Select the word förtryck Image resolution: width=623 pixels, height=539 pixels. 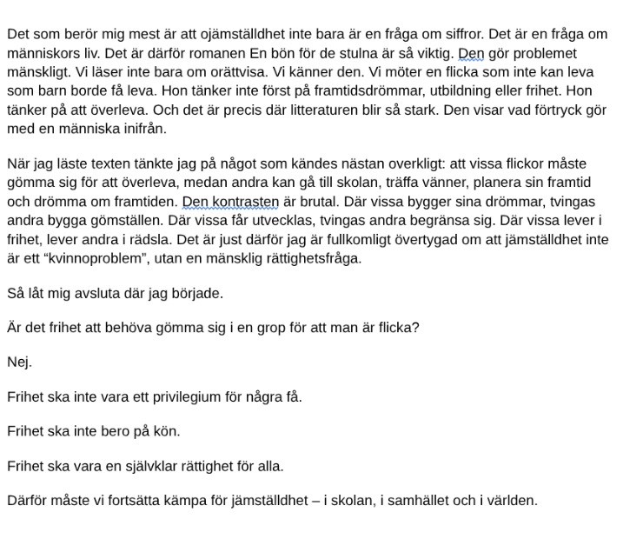tap(555, 110)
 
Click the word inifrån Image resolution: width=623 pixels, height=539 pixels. tap(138, 129)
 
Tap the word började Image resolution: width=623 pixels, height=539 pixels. tap(198, 293)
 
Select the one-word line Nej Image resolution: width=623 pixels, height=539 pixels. tap(18, 363)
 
